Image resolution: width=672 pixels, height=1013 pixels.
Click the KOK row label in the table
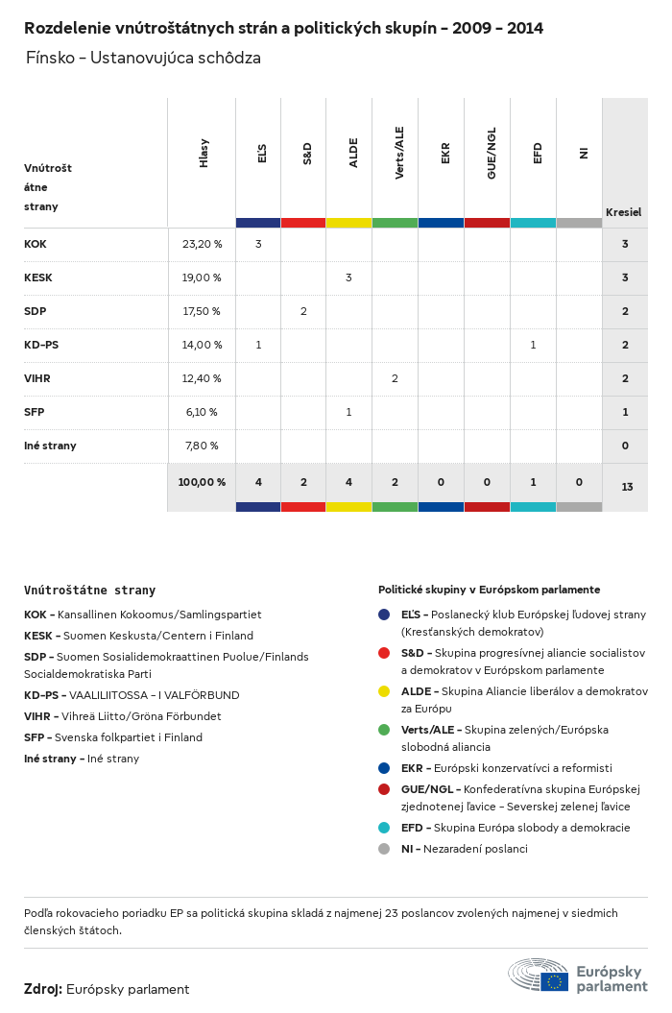tap(36, 244)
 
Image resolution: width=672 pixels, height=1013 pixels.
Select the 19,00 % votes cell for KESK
tap(202, 277)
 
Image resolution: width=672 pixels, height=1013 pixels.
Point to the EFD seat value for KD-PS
tap(533, 345)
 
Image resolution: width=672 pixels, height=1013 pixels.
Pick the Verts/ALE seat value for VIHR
tap(395, 378)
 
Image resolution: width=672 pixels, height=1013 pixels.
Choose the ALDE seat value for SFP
tap(348, 412)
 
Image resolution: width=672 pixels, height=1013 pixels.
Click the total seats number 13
tap(627, 487)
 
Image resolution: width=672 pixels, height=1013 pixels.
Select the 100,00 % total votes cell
tap(202, 481)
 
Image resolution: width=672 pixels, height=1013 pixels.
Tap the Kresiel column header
tap(623, 211)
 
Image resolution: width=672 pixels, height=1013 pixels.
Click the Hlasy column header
tap(204, 154)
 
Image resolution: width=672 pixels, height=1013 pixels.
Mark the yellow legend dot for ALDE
tap(384, 691)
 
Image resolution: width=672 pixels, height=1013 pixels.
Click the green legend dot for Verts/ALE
tap(384, 730)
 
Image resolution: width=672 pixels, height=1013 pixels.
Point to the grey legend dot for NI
tap(384, 849)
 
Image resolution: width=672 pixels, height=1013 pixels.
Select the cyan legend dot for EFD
tap(384, 828)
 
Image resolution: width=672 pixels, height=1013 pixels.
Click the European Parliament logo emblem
tap(538, 975)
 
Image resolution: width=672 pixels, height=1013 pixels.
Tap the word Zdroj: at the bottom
tap(43, 989)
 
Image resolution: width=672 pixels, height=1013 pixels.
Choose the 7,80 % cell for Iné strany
tap(201, 446)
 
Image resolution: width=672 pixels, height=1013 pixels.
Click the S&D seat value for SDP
tap(303, 311)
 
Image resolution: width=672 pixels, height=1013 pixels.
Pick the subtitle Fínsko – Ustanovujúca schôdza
tap(144, 59)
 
